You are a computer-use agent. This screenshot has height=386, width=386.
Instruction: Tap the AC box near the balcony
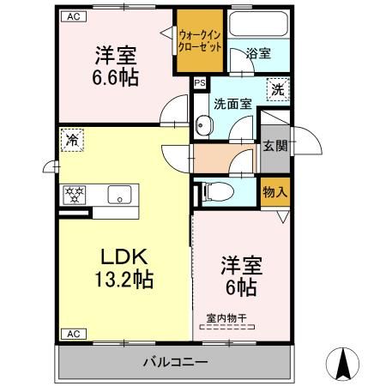tap(72, 333)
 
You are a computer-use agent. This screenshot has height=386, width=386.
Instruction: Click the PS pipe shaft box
tap(200, 83)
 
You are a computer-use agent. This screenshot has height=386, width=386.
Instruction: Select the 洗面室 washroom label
tap(232, 103)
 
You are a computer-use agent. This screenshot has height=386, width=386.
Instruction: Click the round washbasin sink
tap(203, 126)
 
